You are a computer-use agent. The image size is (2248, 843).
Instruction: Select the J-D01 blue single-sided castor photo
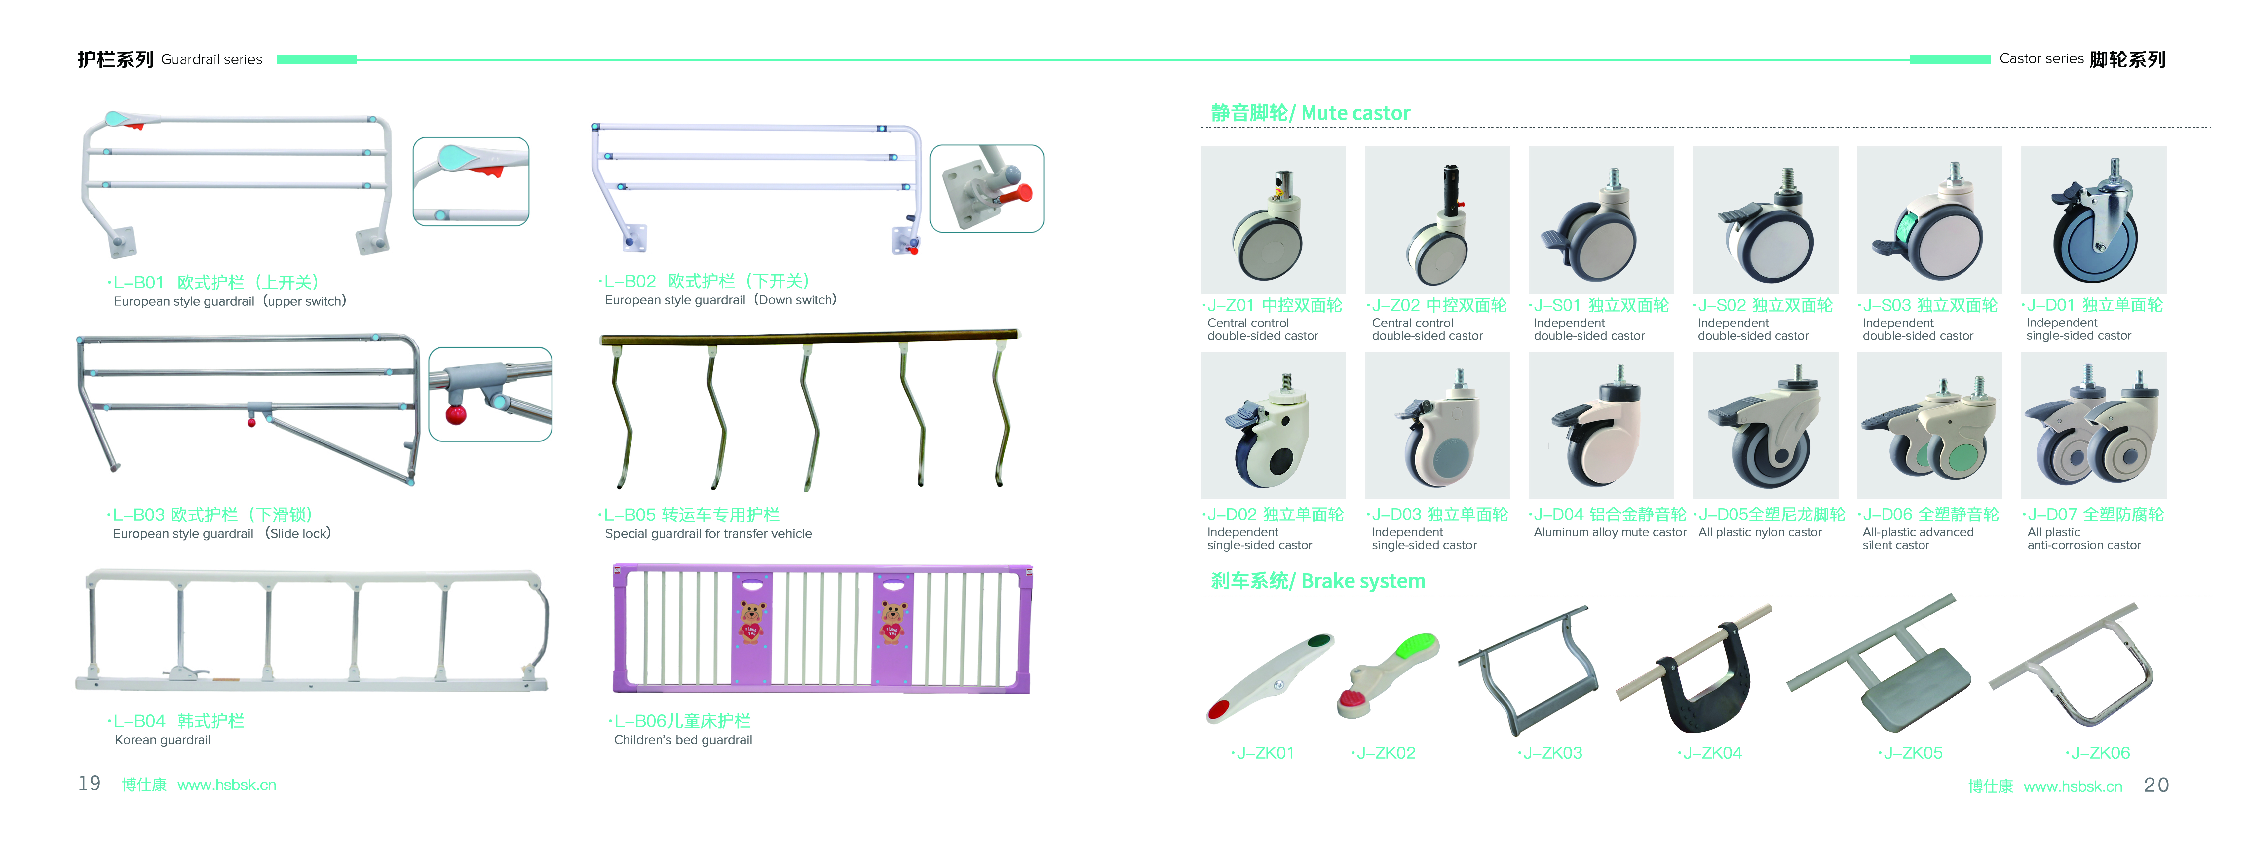coord(2094,220)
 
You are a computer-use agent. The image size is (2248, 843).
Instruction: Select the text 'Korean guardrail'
coord(163,740)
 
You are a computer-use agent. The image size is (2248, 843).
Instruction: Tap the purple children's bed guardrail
coord(822,628)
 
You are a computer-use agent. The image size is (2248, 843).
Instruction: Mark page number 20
coord(2156,786)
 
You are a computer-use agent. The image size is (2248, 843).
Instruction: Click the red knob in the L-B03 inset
coord(456,414)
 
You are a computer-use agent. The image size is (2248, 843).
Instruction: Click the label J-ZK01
coord(1265,753)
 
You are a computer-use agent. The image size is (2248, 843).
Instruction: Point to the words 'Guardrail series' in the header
coord(212,59)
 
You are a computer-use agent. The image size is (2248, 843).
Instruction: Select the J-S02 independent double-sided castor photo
coord(1766,220)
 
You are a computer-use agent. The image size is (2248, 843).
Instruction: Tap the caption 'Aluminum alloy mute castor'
coord(1610,532)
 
